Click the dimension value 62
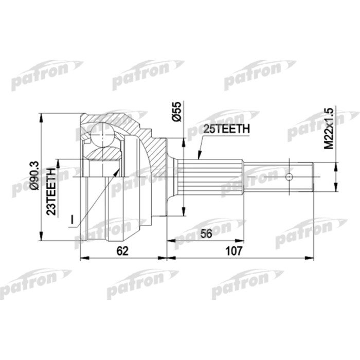point(122,251)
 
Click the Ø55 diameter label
point(176,112)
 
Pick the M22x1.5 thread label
point(329,129)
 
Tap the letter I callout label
point(72,220)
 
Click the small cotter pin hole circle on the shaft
point(289,177)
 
